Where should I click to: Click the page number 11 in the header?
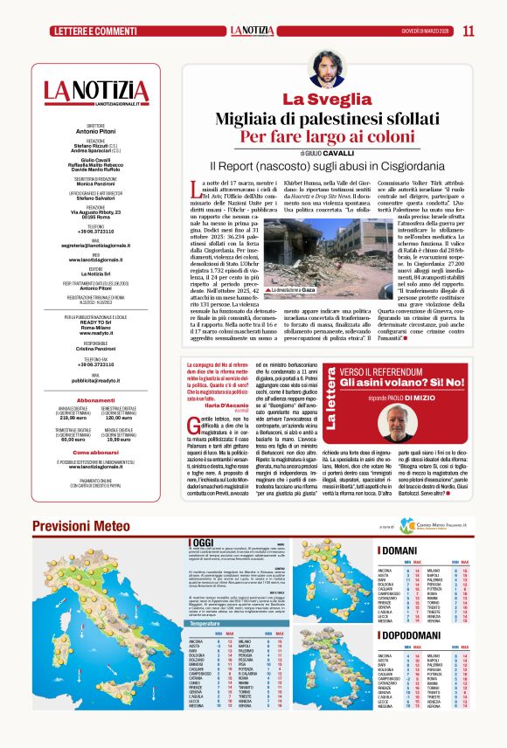[469, 31]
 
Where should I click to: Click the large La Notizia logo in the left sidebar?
[95, 90]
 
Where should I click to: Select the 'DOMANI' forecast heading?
[404, 550]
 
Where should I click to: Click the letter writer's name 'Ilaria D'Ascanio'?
[226, 405]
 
